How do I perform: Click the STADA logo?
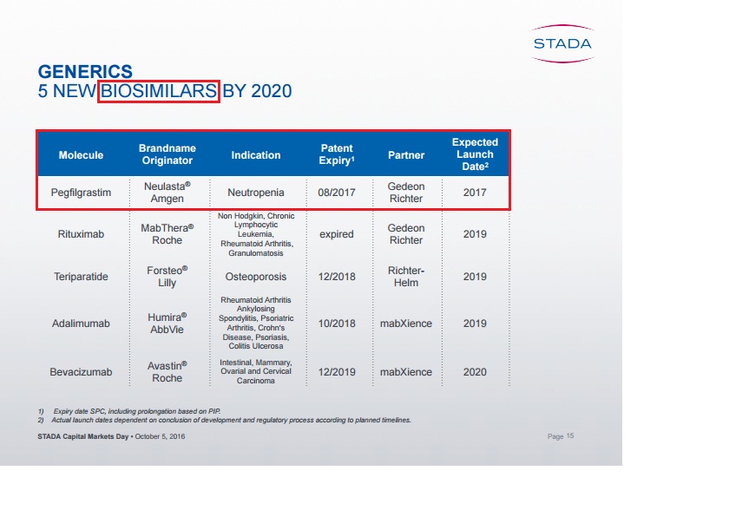(562, 43)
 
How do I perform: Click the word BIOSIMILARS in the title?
(159, 91)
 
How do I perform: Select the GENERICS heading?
(85, 71)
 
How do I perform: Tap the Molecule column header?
(81, 155)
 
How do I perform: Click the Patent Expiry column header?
(337, 154)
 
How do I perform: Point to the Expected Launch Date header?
(475, 154)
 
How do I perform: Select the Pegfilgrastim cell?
(81, 193)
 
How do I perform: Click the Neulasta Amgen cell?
(167, 193)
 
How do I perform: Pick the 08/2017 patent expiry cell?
(337, 193)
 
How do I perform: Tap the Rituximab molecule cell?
(81, 234)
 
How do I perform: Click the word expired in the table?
(337, 234)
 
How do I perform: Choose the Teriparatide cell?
(81, 277)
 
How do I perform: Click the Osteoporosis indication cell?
(256, 277)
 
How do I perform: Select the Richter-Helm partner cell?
(406, 277)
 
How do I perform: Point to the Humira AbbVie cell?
(167, 324)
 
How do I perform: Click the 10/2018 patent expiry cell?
(337, 324)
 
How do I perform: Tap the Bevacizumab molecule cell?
(81, 372)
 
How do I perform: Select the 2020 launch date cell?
(475, 372)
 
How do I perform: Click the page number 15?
(570, 435)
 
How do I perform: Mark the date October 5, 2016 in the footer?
(160, 436)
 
